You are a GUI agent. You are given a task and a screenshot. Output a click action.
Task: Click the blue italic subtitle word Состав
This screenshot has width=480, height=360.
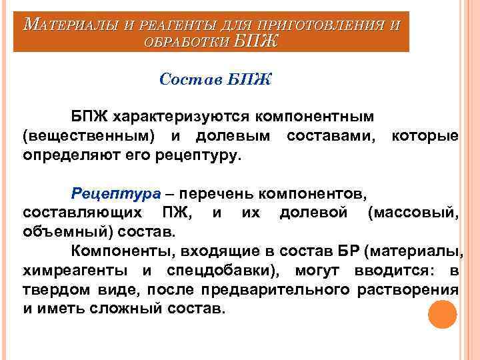click(190, 80)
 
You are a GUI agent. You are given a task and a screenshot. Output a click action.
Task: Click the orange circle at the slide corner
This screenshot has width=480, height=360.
click(441, 313)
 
